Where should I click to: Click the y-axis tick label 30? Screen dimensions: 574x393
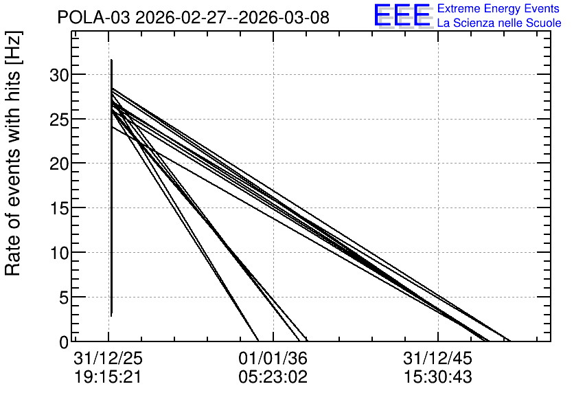[x=59, y=76]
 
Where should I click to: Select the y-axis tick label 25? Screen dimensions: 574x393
[x=59, y=120]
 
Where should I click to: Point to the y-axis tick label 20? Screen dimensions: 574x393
[x=59, y=164]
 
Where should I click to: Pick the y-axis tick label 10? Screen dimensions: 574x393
[x=59, y=253]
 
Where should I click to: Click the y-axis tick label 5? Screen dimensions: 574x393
[x=64, y=297]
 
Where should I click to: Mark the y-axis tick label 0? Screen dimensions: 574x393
[x=64, y=342]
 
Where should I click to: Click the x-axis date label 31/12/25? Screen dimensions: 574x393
[x=108, y=358]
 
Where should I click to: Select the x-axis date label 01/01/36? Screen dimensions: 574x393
[x=273, y=358]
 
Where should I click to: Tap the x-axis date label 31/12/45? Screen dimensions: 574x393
[x=438, y=358]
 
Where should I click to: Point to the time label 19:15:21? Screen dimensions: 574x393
[x=108, y=377]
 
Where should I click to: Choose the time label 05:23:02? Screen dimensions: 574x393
[x=273, y=377]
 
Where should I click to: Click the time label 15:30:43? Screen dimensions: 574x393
[x=438, y=377]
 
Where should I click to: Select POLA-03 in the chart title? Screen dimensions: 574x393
[x=93, y=18]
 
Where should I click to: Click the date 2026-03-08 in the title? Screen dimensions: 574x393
[x=284, y=18]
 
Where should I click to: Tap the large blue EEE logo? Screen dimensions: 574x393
[x=403, y=15]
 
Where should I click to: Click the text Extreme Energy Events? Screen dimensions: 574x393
[x=498, y=8]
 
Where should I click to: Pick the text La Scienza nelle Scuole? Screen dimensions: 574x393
[x=499, y=23]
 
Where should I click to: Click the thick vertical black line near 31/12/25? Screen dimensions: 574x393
[x=111, y=188]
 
